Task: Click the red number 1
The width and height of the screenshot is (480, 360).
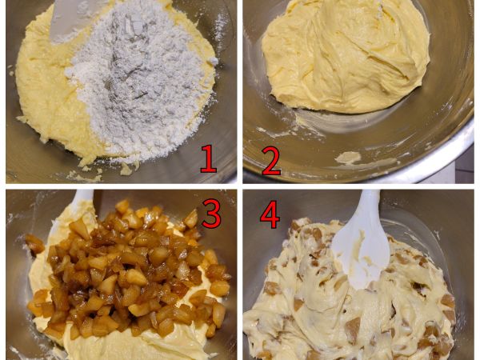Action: pos(209,159)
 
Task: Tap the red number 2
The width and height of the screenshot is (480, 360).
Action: pos(271,161)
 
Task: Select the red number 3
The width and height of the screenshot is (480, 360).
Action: pos(211,214)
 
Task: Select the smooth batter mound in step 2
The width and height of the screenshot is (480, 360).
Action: pos(346,55)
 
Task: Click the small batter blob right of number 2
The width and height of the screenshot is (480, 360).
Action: pos(348,158)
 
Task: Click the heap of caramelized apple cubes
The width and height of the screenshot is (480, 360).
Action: pos(129,270)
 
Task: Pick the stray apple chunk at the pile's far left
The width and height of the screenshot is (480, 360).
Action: pos(34,244)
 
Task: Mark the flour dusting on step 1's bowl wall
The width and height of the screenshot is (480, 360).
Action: pos(221,27)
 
